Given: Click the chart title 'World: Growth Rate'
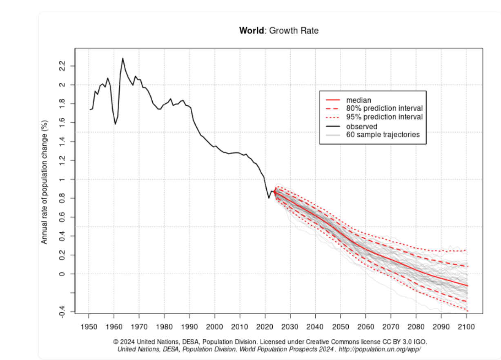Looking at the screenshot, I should [278, 31].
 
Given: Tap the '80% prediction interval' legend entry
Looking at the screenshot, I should [384, 109].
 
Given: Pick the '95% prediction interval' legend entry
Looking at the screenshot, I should [384, 117].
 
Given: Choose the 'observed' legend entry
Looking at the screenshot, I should [362, 126].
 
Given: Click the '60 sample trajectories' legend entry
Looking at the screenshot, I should [383, 135].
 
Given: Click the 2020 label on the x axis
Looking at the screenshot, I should [265, 327].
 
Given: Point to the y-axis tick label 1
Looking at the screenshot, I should [61, 180].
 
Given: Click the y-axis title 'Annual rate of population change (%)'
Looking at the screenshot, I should [45, 182].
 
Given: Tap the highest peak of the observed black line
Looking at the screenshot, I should [122, 58].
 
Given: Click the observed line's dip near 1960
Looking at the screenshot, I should [115, 124].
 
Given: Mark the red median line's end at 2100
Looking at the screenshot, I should [467, 285].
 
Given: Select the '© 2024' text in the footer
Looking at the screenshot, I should [124, 342].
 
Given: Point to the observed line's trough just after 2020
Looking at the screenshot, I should [269, 198].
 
